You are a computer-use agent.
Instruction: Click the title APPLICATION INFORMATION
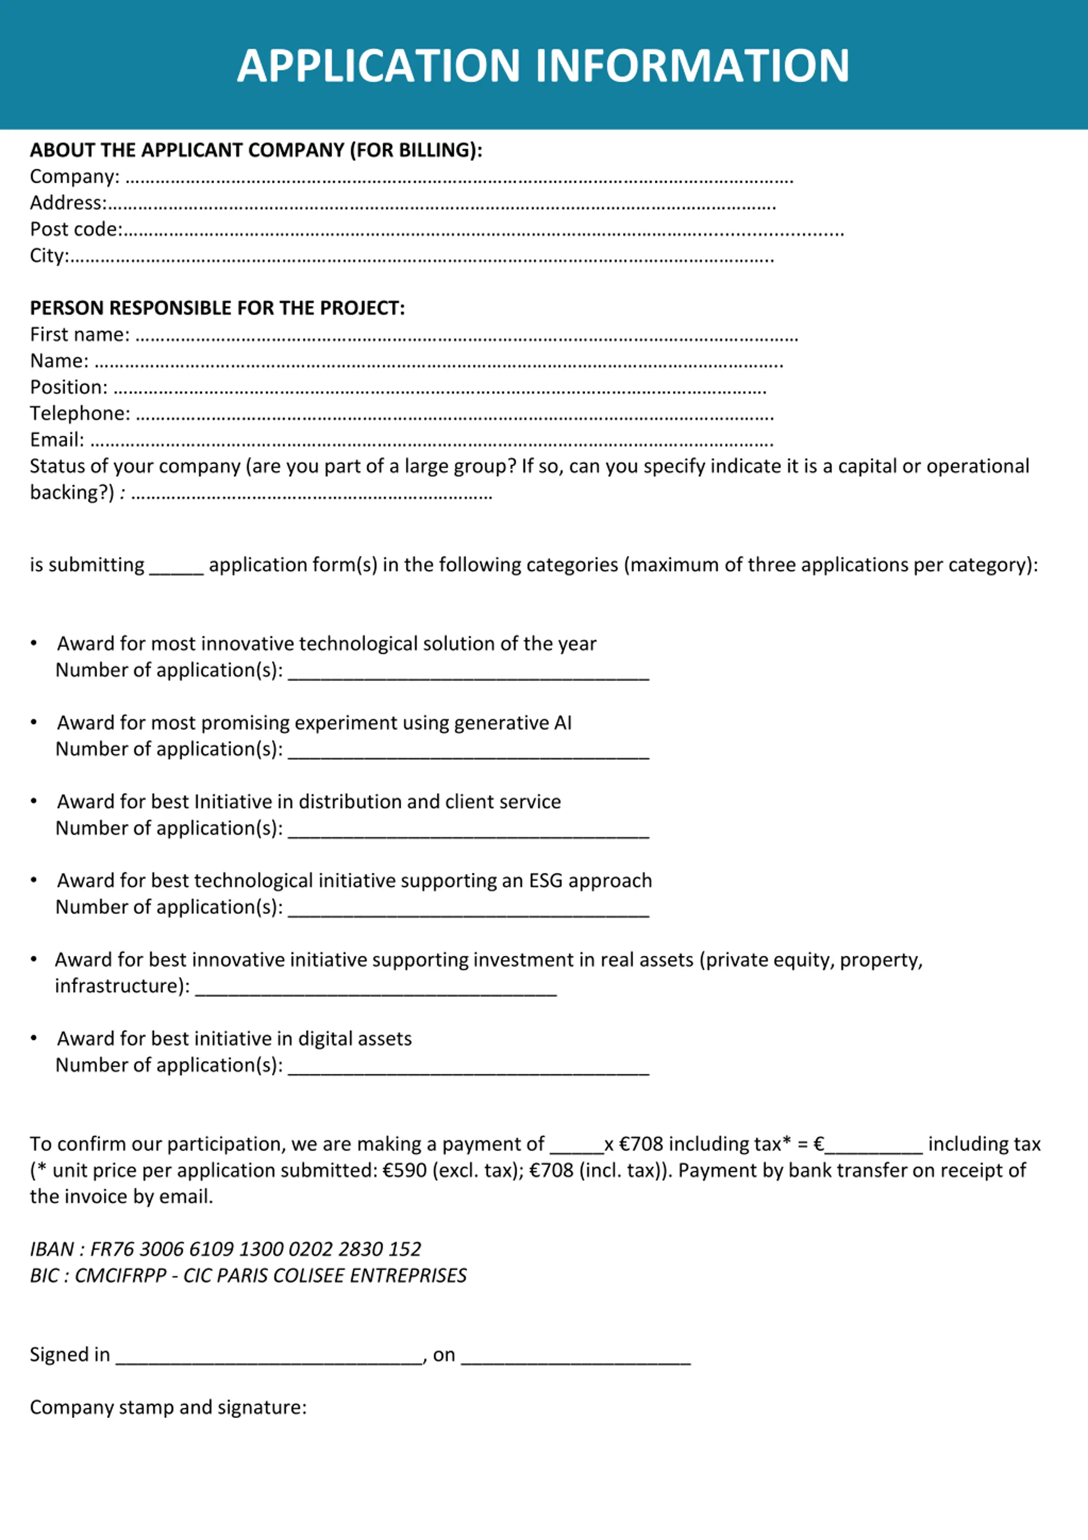click(543, 66)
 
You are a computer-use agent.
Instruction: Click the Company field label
click(74, 176)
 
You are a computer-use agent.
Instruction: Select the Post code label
click(76, 229)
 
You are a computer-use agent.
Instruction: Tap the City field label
click(49, 255)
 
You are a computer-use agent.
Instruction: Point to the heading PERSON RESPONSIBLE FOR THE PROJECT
click(217, 308)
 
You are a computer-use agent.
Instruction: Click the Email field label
click(57, 440)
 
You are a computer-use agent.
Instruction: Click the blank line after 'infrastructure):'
click(376, 987)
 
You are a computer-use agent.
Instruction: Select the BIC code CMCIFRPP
click(120, 1275)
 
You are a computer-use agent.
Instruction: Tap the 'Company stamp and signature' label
click(168, 1407)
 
